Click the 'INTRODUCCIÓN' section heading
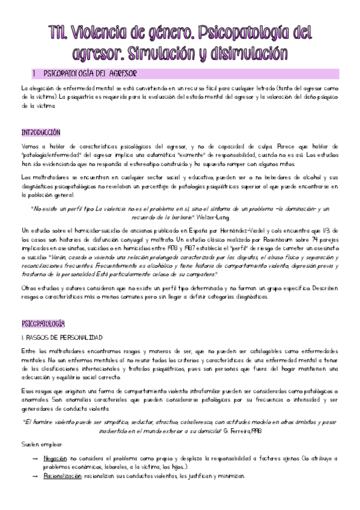tap(40, 132)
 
